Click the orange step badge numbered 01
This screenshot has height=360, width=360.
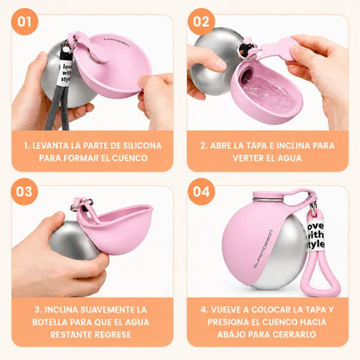[x=24, y=22]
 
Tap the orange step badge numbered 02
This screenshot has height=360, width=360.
[x=201, y=22]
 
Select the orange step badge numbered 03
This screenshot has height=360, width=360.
[x=24, y=191]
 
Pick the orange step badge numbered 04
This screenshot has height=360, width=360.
[x=201, y=191]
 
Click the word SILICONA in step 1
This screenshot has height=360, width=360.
[x=142, y=145]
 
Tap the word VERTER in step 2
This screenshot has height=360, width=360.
[x=246, y=158]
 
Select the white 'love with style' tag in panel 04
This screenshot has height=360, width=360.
[x=315, y=235]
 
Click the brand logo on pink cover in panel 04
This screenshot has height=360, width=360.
[x=262, y=249]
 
